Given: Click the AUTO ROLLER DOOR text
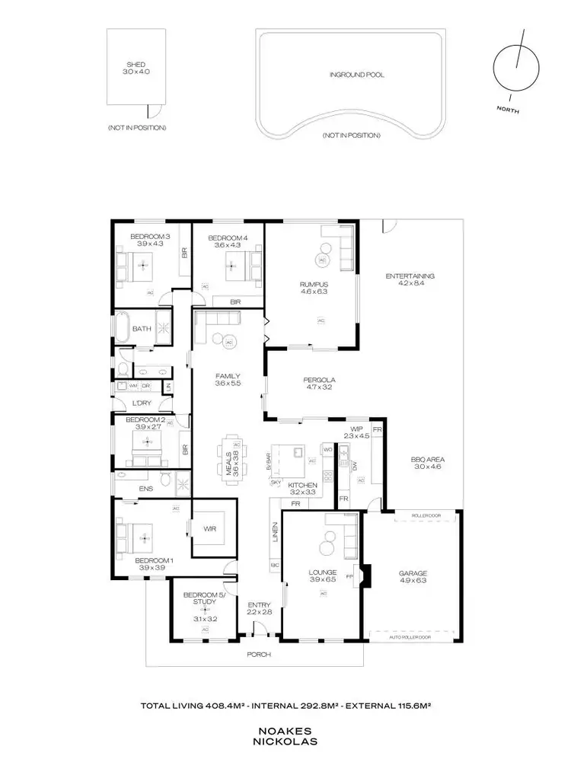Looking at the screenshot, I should point(410,637).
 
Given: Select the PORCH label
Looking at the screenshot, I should point(259,654).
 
